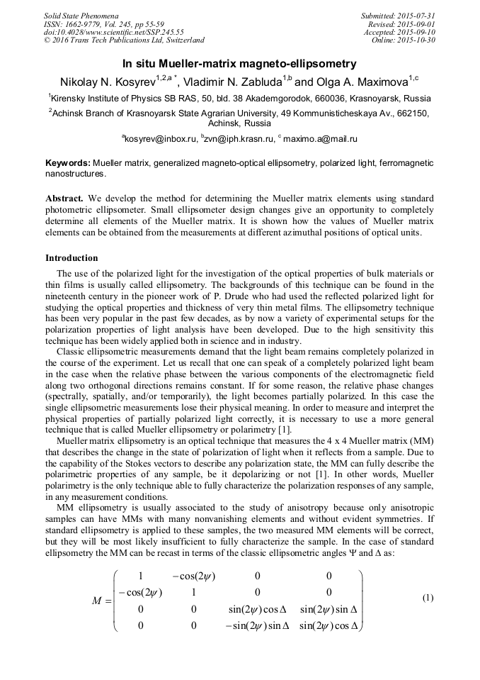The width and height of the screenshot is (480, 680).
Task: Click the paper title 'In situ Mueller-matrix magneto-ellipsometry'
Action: pos(239,63)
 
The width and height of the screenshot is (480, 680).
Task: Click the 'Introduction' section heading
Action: pos(72,257)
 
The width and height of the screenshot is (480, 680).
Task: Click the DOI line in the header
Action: pos(113,32)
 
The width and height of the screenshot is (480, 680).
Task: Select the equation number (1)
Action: pos(428,598)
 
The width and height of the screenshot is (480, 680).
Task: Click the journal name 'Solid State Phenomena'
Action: pos(81,16)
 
